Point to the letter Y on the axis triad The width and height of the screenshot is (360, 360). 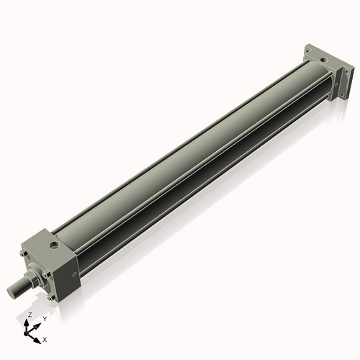[44, 318]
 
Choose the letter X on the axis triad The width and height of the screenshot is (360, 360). [45, 338]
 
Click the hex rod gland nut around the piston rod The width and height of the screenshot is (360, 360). [33, 276]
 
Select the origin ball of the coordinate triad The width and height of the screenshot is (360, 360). [27, 333]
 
